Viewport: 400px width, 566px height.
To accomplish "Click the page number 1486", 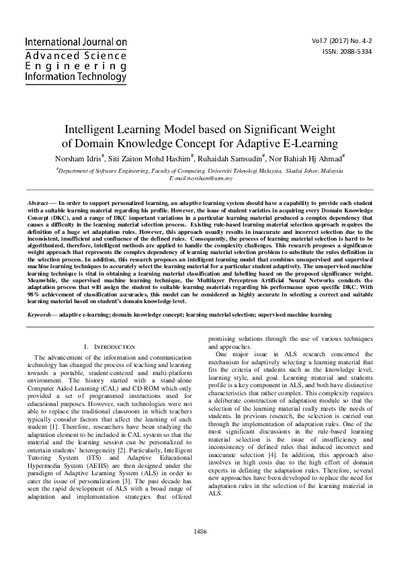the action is click(200, 551).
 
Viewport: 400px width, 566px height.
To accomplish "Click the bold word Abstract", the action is click(37, 202).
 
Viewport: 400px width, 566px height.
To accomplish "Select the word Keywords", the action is click(40, 315).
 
